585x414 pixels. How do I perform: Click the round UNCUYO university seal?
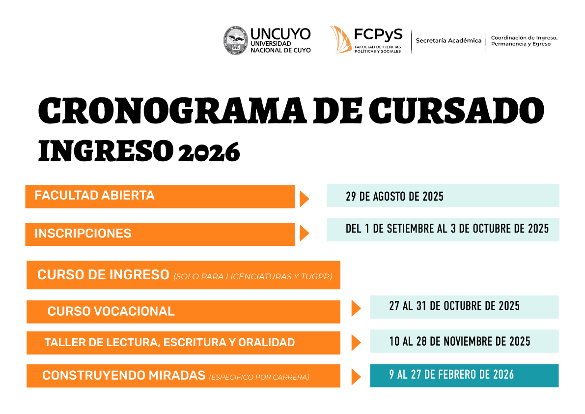point(235,40)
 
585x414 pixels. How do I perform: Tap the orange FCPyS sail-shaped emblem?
point(340,39)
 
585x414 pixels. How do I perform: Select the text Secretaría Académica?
point(448,40)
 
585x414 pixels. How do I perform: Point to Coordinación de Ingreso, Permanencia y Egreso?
point(524,41)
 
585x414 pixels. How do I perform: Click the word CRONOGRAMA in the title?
point(172,111)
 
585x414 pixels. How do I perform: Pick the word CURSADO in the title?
point(457,111)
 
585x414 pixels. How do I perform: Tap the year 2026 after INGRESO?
point(209,152)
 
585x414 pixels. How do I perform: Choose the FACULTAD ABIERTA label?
point(94,195)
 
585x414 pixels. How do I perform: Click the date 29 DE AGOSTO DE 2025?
point(395,196)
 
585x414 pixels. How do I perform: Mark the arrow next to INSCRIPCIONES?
point(305,234)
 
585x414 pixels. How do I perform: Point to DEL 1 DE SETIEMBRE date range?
point(447,229)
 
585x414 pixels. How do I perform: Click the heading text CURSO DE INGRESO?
point(103,275)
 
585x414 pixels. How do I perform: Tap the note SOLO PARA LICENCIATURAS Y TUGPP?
point(253,277)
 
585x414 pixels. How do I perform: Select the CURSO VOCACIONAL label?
point(111,311)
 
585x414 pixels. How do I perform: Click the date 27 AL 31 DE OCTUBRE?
point(454,306)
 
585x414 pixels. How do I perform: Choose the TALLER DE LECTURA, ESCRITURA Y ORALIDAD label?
point(170,342)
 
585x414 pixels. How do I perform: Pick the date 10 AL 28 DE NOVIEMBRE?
point(460,341)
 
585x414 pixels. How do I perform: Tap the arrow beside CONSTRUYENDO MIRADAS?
point(356,377)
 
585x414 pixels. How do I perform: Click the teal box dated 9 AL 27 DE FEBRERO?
point(464,376)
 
